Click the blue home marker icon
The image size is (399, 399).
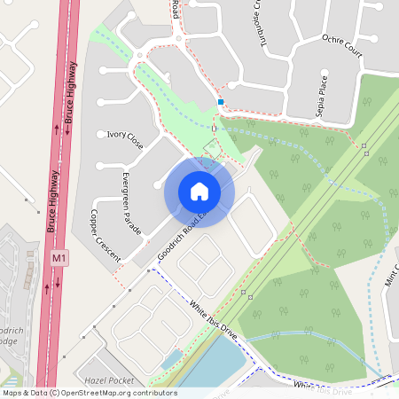199,191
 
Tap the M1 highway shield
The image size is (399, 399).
59,258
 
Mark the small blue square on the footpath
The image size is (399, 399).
220,102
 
